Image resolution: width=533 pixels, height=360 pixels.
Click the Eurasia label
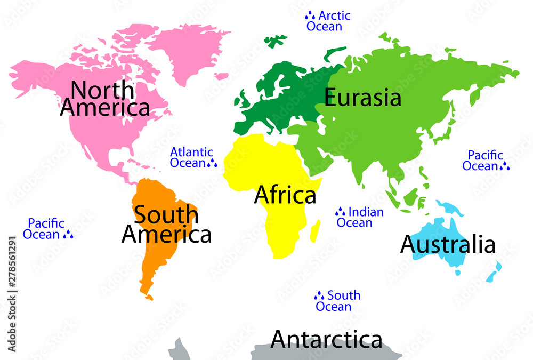362,98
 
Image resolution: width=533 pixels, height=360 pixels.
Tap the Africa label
285,195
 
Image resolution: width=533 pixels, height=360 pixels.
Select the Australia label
448,244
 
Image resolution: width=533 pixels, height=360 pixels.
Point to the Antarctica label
326,339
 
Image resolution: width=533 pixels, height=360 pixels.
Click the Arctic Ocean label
328,21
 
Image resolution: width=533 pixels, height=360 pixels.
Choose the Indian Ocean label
360,217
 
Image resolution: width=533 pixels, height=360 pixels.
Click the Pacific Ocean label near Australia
485,161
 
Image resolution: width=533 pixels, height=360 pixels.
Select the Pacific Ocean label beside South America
45,229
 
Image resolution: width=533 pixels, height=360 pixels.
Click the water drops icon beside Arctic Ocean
310,16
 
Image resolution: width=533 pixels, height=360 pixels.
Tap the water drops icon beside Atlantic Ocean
212,163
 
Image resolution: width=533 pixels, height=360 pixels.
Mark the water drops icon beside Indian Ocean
340,212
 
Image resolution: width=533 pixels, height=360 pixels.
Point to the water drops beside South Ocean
319,295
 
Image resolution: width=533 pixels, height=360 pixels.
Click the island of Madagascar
316,231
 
